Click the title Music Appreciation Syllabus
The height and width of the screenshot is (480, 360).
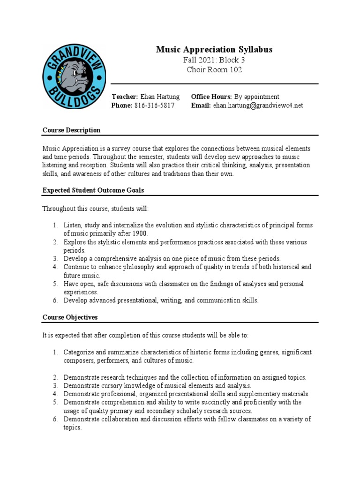(214, 49)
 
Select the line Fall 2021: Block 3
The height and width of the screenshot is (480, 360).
(214, 60)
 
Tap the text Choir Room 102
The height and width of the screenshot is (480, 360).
(214, 70)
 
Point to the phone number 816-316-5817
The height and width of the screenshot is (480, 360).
(154, 105)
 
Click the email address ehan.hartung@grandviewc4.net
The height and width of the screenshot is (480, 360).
(258, 105)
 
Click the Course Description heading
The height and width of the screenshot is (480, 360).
(71, 130)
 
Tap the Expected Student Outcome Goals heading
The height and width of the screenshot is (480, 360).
(93, 190)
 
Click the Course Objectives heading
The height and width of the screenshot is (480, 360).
(70, 317)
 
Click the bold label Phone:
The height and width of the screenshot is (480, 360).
(121, 105)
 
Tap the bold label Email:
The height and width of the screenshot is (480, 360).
(201, 105)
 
